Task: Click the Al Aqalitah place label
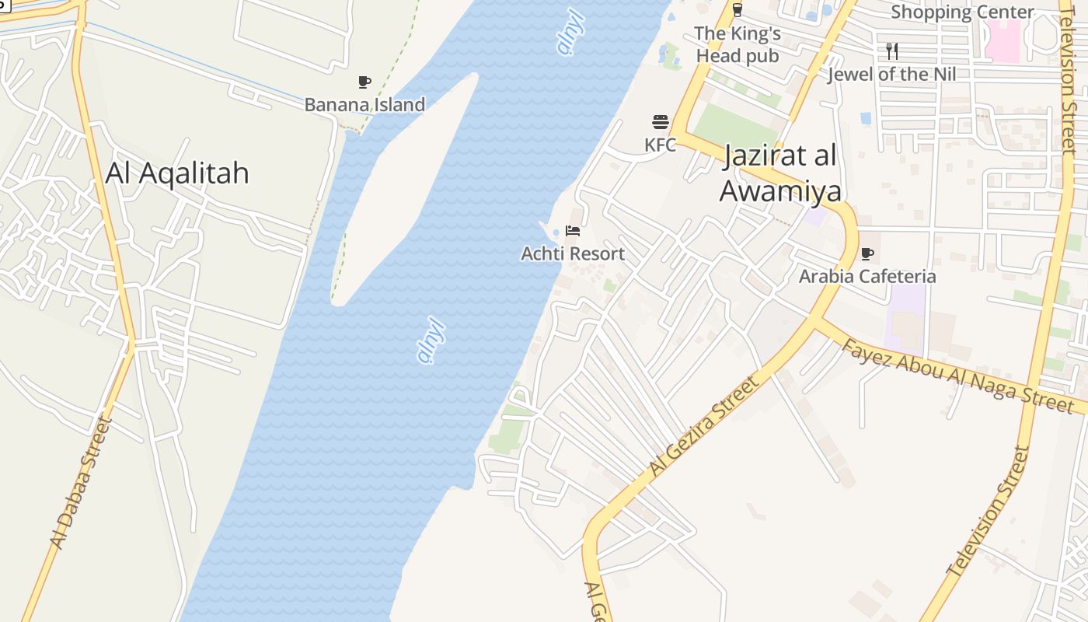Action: point(177,173)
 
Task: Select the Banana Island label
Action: point(364,104)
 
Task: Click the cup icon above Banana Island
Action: point(364,82)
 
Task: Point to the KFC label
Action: point(660,145)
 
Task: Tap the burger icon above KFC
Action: point(661,122)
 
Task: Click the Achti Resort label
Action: point(573,253)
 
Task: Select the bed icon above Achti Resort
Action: point(573,231)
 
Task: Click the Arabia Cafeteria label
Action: point(867,276)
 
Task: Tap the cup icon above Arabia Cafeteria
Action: point(867,253)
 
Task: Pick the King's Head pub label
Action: point(737,44)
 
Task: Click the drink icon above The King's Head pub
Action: point(737,10)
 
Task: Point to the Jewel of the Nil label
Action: point(891,75)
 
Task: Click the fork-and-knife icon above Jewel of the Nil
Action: point(892,51)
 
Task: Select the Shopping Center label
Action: point(962,12)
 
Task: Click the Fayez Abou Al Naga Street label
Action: point(957,376)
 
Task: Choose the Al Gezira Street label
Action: point(703,427)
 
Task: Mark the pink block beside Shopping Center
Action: point(1003,40)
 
